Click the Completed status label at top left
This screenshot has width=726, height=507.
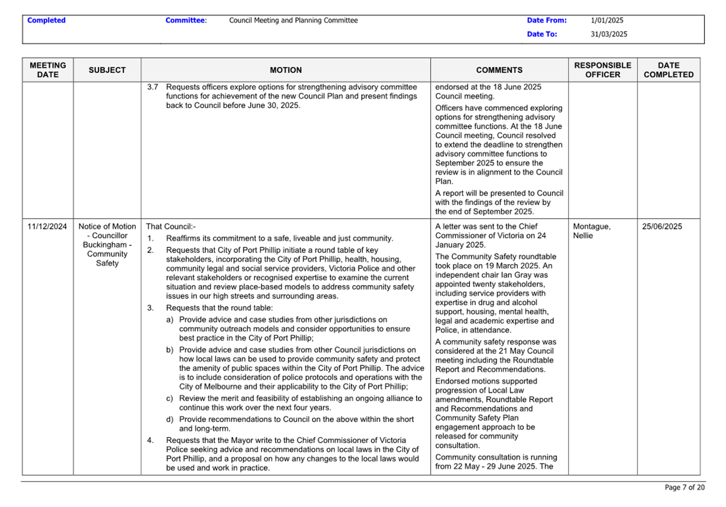pyautogui.click(x=46, y=20)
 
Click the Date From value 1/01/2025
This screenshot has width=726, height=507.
pyautogui.click(x=607, y=20)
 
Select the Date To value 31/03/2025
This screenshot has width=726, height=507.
pyautogui.click(x=609, y=34)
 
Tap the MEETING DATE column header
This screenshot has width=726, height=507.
pyautogui.click(x=48, y=70)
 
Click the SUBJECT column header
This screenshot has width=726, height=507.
pyautogui.click(x=107, y=70)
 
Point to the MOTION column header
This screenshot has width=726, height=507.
pyautogui.click(x=286, y=70)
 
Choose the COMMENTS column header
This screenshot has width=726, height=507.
pyautogui.click(x=499, y=70)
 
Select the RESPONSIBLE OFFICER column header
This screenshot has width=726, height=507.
pyautogui.click(x=603, y=70)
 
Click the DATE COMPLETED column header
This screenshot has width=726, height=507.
pyautogui.click(x=668, y=70)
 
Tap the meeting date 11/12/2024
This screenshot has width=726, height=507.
pyautogui.click(x=47, y=227)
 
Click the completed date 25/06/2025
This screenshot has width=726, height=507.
pyautogui.click(x=662, y=227)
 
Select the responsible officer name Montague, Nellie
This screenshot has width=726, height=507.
pyautogui.click(x=591, y=231)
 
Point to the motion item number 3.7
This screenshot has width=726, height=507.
pyautogui.click(x=153, y=87)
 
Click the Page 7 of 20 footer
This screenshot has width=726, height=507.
pyautogui.click(x=684, y=487)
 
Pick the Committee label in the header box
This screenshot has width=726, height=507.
pyautogui.click(x=185, y=20)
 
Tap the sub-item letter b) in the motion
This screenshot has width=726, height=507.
pyautogui.click(x=170, y=350)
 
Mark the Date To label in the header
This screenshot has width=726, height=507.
pyautogui.click(x=542, y=34)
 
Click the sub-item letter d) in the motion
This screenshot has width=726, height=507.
pyautogui.click(x=170, y=420)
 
